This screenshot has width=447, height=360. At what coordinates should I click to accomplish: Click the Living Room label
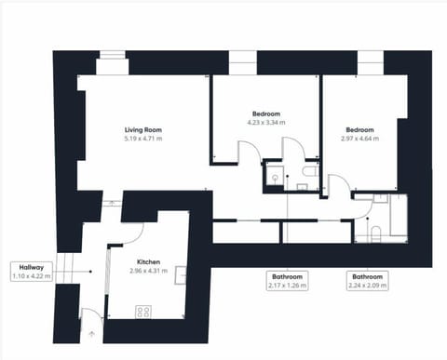143,129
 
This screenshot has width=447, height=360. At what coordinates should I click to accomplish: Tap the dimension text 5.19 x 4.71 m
143,139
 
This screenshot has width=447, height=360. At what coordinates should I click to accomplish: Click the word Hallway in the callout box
31,267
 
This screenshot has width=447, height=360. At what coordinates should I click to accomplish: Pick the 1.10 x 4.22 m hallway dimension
31,276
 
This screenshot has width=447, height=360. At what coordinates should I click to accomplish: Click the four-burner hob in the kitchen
144,311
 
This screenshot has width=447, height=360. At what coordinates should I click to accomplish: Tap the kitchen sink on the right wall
182,274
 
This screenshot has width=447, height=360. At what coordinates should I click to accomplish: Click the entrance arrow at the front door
90,330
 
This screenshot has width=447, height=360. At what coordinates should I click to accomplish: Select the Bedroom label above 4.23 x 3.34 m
266,113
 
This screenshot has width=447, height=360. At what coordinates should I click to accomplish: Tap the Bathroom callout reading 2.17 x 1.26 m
287,280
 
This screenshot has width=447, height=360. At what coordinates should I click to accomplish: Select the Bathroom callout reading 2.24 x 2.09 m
364,280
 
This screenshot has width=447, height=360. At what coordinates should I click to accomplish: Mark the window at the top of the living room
112,66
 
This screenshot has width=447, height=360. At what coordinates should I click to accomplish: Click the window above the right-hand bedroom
370,66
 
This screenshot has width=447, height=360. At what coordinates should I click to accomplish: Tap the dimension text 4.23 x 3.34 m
266,122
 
